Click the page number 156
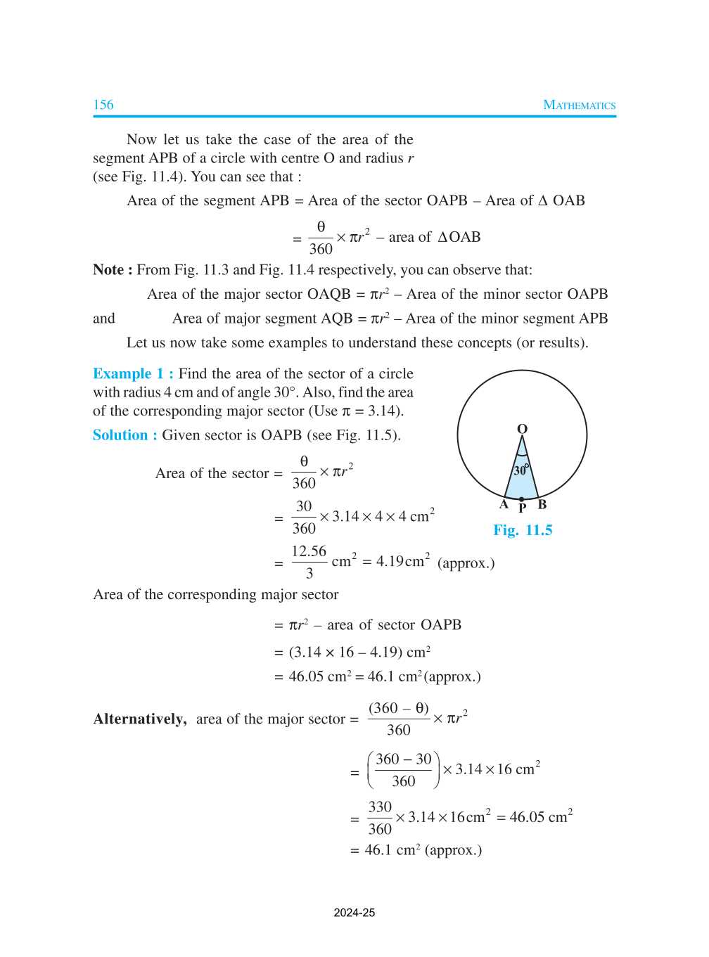point(103,105)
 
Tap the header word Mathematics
point(579,105)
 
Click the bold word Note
point(108,270)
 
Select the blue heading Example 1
point(133,374)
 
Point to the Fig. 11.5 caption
point(523,530)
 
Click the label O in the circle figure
point(522,429)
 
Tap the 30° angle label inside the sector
point(520,470)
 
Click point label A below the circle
point(504,504)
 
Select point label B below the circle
point(542,504)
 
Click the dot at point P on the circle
point(521,499)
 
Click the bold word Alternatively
point(140,719)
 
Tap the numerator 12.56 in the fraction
point(309,551)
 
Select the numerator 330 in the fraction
point(380,807)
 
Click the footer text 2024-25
point(354,913)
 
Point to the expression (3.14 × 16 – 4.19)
point(345,653)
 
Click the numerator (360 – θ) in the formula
point(399,708)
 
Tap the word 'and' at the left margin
point(104,319)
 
